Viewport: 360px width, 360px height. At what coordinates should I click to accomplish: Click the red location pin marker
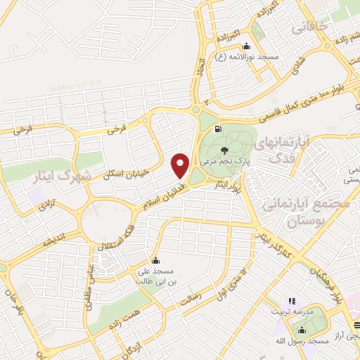pos(181,166)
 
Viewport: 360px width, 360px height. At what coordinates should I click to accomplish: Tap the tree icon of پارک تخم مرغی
pos(224,150)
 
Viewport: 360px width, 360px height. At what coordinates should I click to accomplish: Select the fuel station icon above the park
pos(218,129)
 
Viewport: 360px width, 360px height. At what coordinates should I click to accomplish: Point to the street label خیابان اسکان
pos(125,165)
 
